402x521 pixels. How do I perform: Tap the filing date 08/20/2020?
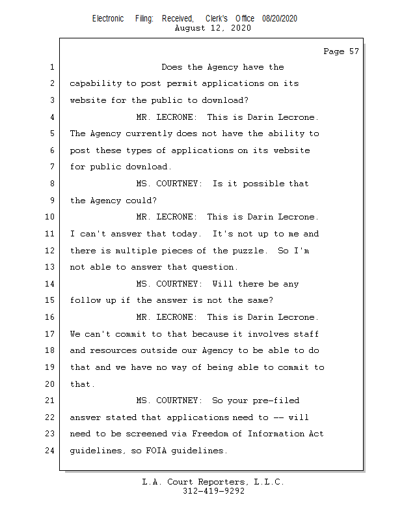click(x=280, y=19)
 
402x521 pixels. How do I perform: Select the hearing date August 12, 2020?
click(x=213, y=28)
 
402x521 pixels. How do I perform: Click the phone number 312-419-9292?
click(x=213, y=491)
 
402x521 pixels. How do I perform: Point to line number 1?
click(x=51, y=67)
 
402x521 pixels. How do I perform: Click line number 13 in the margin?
click(x=49, y=267)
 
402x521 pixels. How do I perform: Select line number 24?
click(x=49, y=451)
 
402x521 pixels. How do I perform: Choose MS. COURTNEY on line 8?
click(x=168, y=184)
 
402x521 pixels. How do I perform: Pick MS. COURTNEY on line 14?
click(x=168, y=284)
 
